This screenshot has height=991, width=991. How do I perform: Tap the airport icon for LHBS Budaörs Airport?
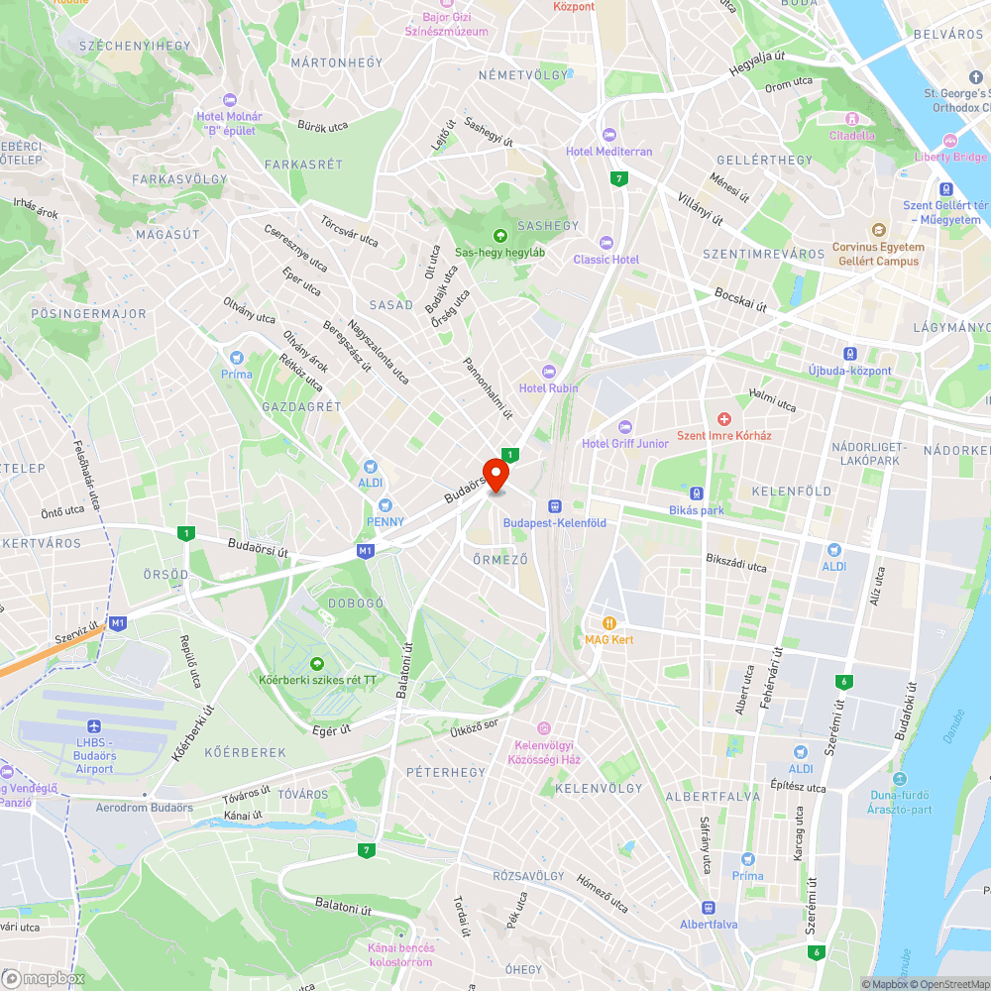point(94,727)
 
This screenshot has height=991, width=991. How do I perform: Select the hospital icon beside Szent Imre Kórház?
point(724,419)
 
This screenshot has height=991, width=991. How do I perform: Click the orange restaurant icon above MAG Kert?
point(608,623)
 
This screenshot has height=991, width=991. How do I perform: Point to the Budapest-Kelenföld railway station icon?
point(556,505)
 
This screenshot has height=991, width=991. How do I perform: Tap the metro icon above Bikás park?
point(697,494)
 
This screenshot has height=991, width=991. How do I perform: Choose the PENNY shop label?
point(385,521)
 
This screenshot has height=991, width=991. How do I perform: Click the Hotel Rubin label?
point(548,387)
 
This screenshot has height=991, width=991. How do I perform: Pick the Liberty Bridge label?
point(950,157)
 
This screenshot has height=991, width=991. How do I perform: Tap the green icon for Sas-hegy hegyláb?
point(500,236)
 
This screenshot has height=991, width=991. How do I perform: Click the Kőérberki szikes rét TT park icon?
point(317,664)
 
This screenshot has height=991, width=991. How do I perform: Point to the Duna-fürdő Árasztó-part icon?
point(900,779)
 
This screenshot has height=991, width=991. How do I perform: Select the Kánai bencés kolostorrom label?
point(400,955)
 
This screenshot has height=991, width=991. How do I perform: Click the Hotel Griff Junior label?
point(624,443)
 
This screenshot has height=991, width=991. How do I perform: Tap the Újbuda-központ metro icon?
point(849,354)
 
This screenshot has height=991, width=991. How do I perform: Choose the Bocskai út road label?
point(741,299)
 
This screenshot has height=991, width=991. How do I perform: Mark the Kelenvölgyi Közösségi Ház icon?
point(541,728)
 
